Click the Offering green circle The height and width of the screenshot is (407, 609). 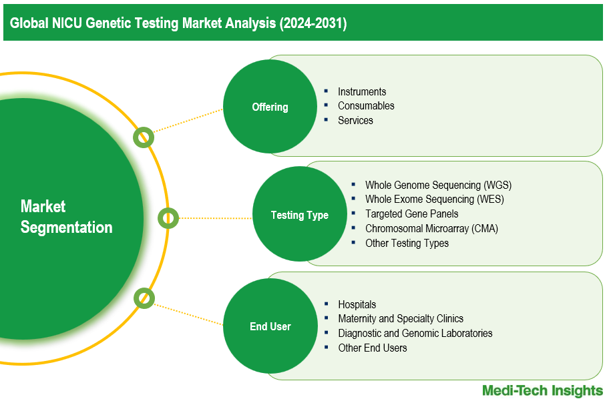click(x=270, y=107)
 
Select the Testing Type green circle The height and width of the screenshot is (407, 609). click(x=299, y=215)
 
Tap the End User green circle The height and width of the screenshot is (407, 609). click(x=270, y=326)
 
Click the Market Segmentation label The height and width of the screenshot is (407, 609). click(x=66, y=217)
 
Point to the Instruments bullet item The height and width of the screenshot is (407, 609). click(x=361, y=91)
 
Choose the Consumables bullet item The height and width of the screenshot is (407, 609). click(x=365, y=105)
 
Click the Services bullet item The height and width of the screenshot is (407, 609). click(x=355, y=120)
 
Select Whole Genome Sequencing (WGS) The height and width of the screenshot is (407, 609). click(x=438, y=185)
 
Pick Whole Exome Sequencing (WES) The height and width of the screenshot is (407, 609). click(x=434, y=199)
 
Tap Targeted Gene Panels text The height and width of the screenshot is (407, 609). click(x=411, y=214)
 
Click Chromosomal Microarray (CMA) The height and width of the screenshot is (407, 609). click(x=431, y=228)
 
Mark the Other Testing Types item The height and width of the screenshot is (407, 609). click(x=407, y=243)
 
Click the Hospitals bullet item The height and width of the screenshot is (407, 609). click(x=357, y=304)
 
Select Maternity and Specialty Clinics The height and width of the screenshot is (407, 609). click(x=400, y=318)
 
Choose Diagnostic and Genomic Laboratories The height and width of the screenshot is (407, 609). click(x=415, y=333)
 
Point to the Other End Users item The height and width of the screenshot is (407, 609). click(x=372, y=348)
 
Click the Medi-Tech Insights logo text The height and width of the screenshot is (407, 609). click(x=542, y=391)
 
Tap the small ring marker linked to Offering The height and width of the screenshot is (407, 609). click(x=143, y=137)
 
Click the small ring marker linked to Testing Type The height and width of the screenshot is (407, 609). click(x=168, y=218)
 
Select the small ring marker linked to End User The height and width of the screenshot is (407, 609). click(x=144, y=298)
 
